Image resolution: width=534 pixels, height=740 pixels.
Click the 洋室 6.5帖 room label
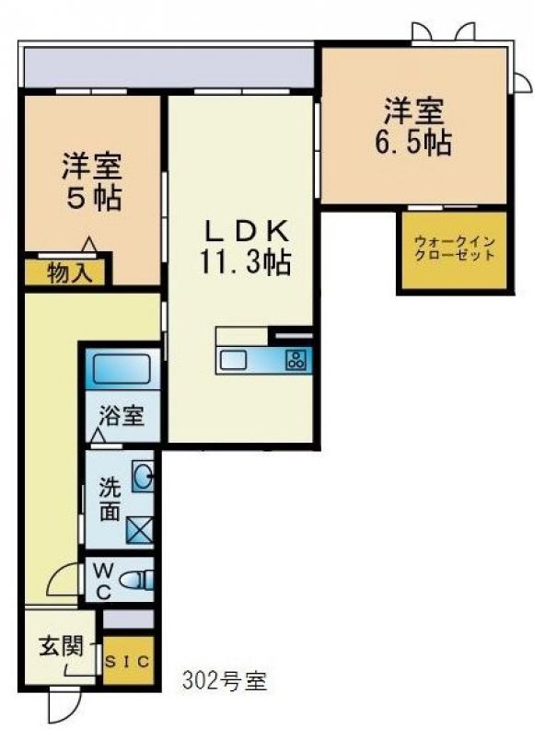[x=413, y=126]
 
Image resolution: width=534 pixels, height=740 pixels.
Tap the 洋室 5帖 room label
[x=92, y=181]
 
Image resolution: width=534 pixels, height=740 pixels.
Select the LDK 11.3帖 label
[x=245, y=248]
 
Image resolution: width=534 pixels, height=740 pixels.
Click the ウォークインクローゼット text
[x=454, y=249]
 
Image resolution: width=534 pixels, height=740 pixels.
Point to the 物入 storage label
[x=70, y=273]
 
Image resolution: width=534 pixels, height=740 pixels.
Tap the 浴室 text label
[x=122, y=416]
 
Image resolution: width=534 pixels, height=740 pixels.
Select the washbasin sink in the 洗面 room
[x=143, y=476]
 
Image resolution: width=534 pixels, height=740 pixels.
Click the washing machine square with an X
[x=140, y=530]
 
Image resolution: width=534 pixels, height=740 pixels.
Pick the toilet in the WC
[x=137, y=580]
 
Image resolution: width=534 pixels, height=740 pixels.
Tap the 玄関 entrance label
[x=61, y=645]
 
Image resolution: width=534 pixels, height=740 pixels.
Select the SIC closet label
[x=127, y=661]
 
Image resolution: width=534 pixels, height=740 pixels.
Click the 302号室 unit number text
[x=225, y=681]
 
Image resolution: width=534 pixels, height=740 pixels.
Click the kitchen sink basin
[x=233, y=361]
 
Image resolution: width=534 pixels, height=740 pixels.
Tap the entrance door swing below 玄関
[x=64, y=707]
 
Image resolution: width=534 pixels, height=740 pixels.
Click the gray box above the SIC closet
[x=128, y=619]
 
